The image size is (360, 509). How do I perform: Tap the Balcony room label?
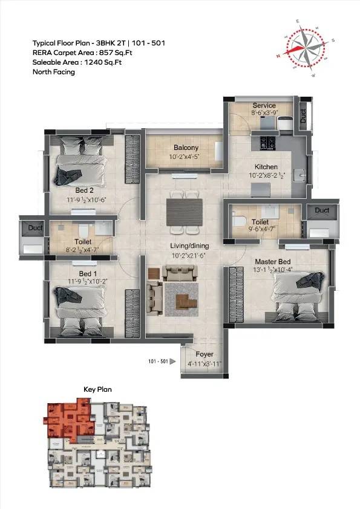click(x=186, y=148)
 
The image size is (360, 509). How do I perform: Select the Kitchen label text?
click(x=266, y=167)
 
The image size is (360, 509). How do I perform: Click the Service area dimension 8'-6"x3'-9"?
click(x=264, y=112)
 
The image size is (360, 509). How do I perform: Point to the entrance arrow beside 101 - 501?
click(x=172, y=362)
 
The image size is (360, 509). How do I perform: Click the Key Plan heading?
click(x=97, y=390)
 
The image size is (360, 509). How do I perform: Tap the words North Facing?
click(x=54, y=72)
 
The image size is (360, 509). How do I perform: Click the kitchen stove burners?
click(x=267, y=143)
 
